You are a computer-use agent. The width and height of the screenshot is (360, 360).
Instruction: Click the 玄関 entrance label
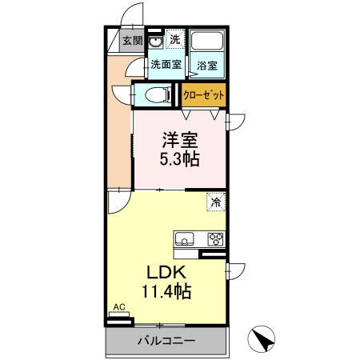(x=133, y=41)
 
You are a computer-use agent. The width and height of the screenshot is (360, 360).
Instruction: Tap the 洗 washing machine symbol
(x=174, y=40)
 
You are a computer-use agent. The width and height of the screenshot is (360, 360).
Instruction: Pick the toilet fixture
(x=159, y=95)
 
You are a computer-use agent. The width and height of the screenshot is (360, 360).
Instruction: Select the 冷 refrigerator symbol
(x=215, y=202)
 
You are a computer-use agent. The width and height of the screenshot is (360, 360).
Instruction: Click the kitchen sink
(x=184, y=238)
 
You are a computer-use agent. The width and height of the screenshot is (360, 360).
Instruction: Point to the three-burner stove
(x=215, y=238)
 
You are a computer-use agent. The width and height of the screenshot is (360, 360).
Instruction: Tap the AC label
(x=118, y=307)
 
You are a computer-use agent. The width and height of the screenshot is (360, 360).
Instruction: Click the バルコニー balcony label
(x=166, y=341)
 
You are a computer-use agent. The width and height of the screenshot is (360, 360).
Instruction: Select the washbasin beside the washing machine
(x=155, y=42)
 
